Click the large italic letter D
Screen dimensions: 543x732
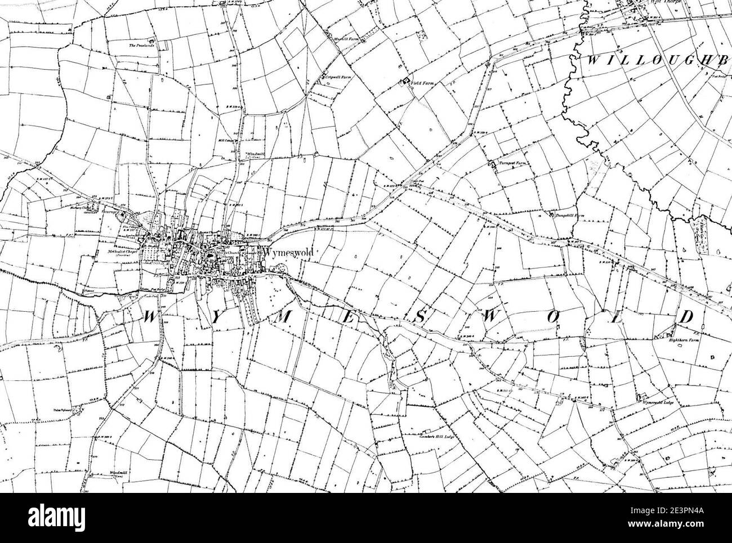[x=686, y=317]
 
